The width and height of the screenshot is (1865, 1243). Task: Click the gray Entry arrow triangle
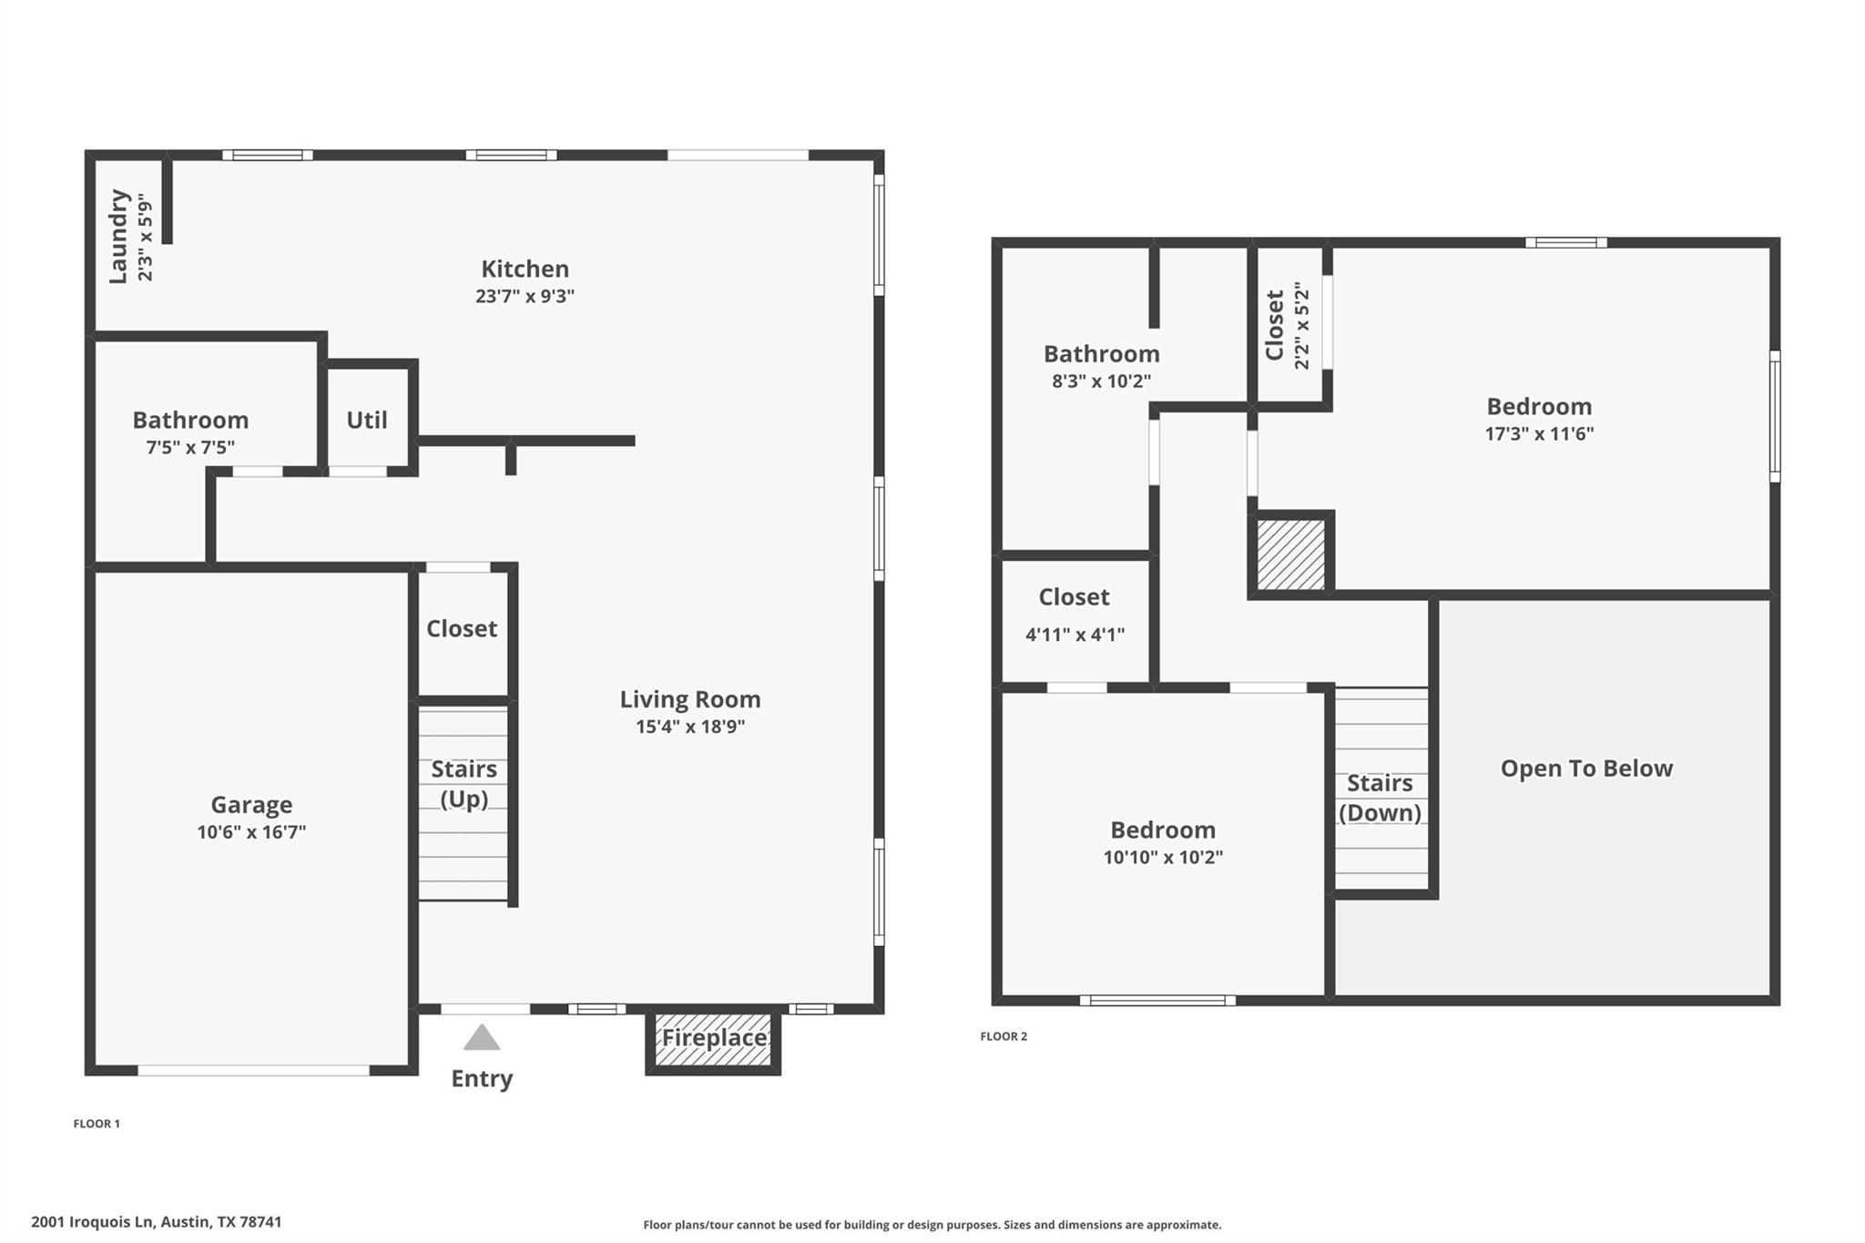coord(482,1037)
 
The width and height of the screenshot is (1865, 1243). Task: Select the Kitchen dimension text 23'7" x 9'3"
coord(525,296)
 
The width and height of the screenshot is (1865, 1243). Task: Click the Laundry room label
coord(118,237)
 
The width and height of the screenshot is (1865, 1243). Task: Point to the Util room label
coord(367,420)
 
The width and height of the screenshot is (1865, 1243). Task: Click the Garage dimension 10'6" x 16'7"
coord(251,831)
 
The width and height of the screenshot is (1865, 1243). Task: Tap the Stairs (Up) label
coord(464,784)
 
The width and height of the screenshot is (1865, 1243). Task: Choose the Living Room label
coord(690,699)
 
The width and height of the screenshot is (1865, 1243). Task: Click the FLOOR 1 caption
coord(97,1124)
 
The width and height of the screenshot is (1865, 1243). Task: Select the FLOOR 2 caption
coord(1004,1036)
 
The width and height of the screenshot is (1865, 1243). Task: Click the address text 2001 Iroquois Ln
coord(92,1222)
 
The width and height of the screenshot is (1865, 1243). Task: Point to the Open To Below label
coord(1586,769)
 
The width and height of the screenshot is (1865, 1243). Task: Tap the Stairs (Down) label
coord(1380,798)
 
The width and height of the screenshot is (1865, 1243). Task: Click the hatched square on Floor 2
coord(1291,555)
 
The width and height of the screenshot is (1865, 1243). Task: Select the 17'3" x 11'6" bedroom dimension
coord(1539,433)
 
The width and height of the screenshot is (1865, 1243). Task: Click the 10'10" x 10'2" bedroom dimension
coord(1163,857)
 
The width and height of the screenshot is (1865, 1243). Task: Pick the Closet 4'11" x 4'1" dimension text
coord(1075,635)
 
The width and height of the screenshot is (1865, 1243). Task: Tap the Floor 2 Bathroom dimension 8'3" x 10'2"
coord(1101,381)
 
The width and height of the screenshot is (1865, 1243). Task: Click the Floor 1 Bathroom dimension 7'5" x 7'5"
coord(190,447)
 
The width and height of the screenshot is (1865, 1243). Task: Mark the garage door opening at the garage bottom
coord(254,1071)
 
